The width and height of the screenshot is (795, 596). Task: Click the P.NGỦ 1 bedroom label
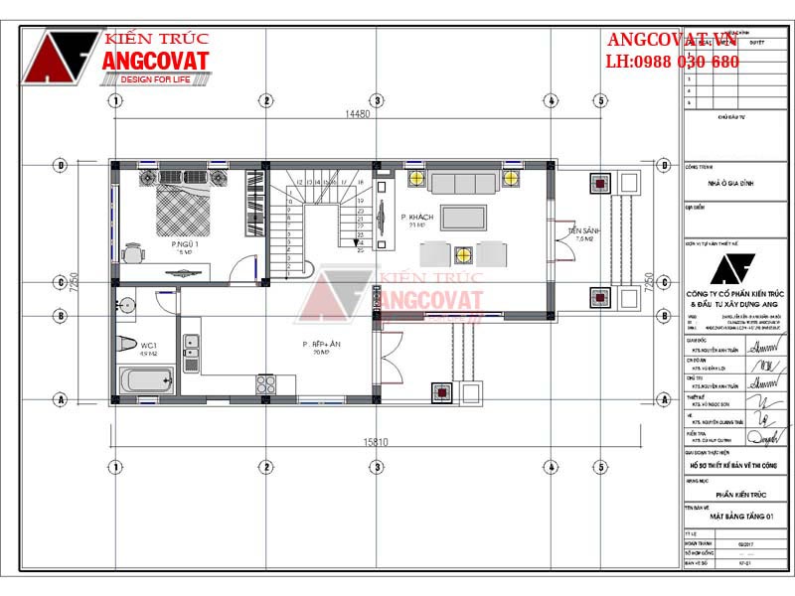pyautogui.click(x=185, y=244)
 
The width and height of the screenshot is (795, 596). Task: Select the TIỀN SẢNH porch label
pyautogui.click(x=581, y=231)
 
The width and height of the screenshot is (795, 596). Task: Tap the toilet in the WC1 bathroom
pyautogui.click(x=126, y=344)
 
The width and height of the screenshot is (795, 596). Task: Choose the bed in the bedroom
pyautogui.click(x=179, y=203)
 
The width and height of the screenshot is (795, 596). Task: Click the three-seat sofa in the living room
pyautogui.click(x=463, y=182)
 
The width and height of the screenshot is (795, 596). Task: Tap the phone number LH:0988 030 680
pyautogui.click(x=672, y=62)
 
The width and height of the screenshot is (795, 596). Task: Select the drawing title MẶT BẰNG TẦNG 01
pyautogui.click(x=734, y=517)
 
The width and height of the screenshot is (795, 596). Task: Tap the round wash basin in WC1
pyautogui.click(x=126, y=304)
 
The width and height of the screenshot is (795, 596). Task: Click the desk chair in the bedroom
pyautogui.click(x=131, y=252)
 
